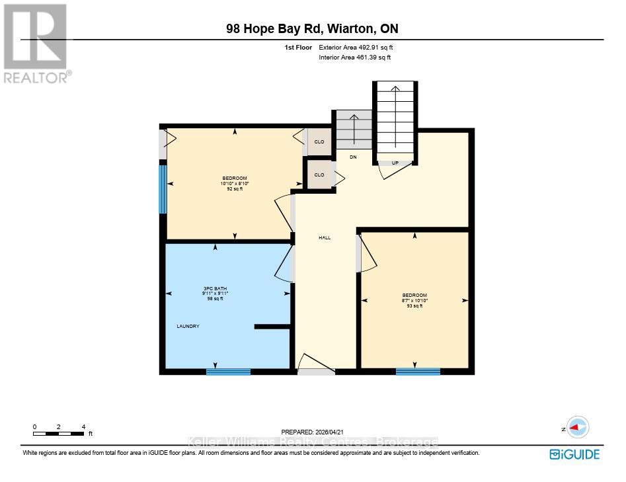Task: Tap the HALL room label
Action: (325, 238)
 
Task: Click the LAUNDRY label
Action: (188, 327)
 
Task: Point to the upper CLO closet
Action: (319, 142)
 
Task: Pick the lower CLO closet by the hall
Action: (319, 175)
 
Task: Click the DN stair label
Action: (353, 157)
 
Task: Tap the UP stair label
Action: (395, 163)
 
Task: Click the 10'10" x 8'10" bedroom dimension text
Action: (235, 183)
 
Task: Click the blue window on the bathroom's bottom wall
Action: (228, 372)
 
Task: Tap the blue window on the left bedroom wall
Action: (162, 189)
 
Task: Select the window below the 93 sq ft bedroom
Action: (418, 372)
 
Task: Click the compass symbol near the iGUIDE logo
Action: (578, 428)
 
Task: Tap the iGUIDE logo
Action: (574, 454)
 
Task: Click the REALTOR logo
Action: (36, 44)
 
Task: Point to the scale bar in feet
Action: (59, 433)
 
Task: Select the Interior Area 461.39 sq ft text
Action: (355, 58)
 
